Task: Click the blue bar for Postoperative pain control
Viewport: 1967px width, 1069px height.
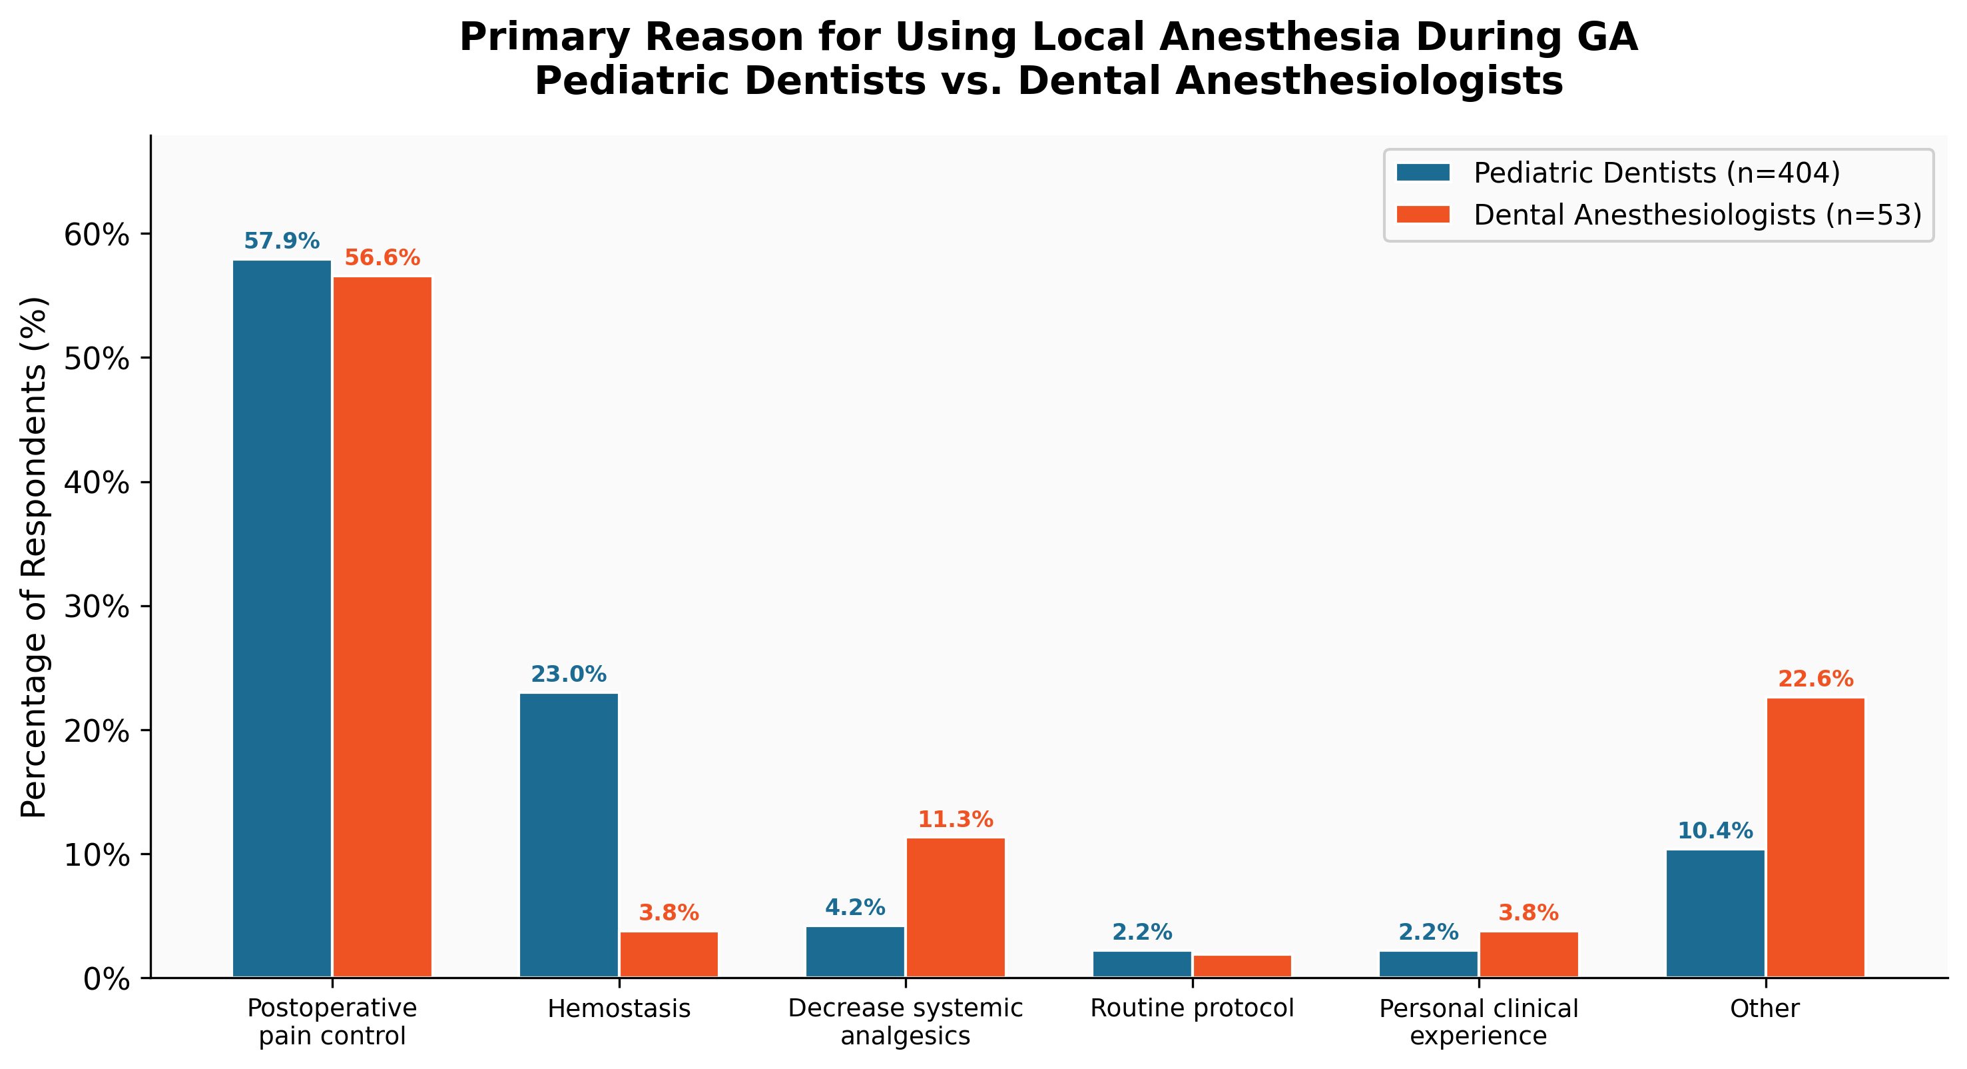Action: [x=282, y=619]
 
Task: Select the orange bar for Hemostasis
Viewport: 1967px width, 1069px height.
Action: [x=669, y=954]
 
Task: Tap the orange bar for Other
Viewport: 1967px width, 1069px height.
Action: [x=1816, y=838]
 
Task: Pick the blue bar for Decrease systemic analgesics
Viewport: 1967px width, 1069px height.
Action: [x=855, y=952]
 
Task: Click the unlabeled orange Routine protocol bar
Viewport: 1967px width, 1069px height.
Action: [x=1243, y=966]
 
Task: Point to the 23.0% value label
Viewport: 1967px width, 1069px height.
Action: [x=568, y=674]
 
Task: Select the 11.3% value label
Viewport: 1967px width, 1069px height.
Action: [x=956, y=820]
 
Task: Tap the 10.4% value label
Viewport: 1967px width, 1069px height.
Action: [x=1715, y=831]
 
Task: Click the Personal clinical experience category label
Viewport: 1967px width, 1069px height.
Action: [x=1478, y=1022]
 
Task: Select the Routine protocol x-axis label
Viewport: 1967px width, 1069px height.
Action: [x=1192, y=1008]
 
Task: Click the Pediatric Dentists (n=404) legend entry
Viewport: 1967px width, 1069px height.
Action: [x=1656, y=173]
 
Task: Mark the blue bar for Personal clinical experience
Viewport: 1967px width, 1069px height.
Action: [x=1428, y=964]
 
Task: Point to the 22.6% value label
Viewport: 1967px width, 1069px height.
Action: [x=1816, y=678]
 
